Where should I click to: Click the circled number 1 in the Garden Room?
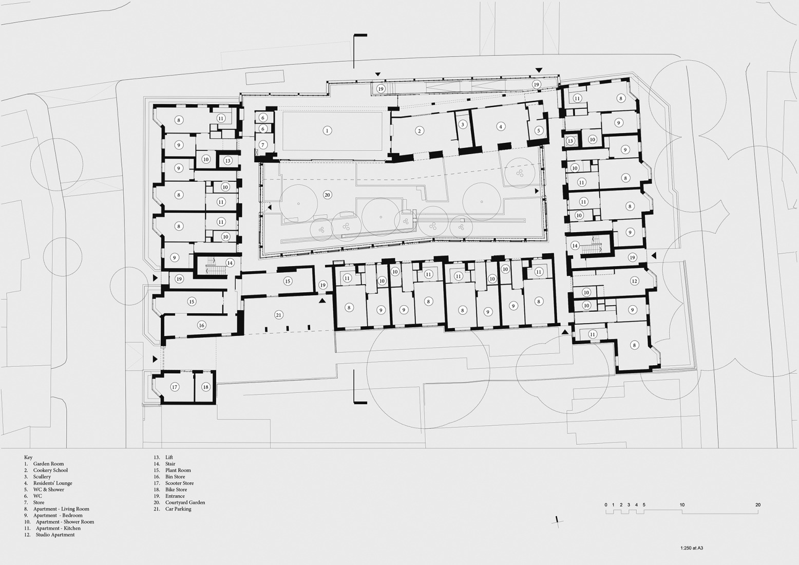[327, 130]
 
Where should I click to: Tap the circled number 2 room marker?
[420, 131]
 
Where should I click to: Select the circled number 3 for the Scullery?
[463, 124]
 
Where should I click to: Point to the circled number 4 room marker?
[501, 126]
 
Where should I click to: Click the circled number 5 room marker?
[539, 130]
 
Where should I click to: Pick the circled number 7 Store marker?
[262, 145]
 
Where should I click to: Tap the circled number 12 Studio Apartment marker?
[635, 281]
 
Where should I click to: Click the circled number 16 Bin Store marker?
[201, 325]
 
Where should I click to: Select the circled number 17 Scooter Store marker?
[175, 387]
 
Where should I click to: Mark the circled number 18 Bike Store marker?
[205, 387]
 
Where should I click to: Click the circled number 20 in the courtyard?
[327, 195]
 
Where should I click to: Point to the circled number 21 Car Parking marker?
[278, 315]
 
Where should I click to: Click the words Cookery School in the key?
[50, 470]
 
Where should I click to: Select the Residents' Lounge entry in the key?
[52, 483]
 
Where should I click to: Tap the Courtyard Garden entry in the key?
[185, 502]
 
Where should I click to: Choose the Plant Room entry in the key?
[178, 470]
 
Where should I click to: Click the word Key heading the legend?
[28, 457]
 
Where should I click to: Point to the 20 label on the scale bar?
[758, 505]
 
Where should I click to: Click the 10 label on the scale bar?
[682, 505]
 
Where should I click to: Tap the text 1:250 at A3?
[692, 548]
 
